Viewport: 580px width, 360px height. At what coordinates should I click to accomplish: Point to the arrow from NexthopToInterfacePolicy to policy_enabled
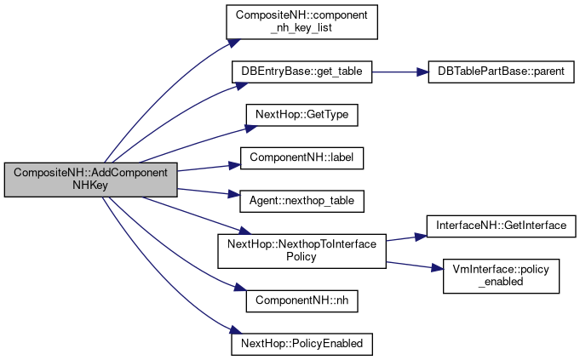click(413, 266)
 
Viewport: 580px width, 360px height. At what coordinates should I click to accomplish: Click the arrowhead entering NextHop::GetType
click(240, 127)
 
